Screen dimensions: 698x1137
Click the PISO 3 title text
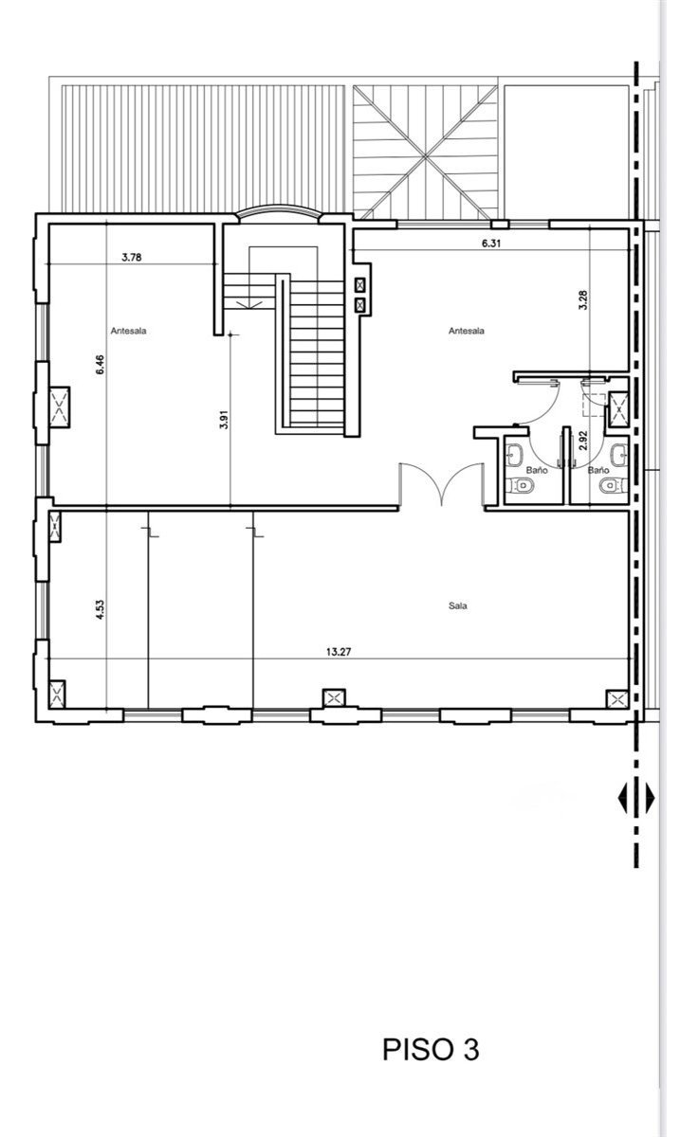[431, 1049]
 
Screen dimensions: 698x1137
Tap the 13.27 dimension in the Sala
[339, 652]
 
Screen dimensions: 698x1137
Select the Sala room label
[458, 605]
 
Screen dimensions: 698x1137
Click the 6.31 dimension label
[491, 244]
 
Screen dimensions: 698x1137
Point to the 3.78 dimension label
[132, 258]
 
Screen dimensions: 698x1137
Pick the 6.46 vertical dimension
[100, 365]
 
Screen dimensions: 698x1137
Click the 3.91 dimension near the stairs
[224, 419]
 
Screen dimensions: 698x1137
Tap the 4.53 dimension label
[100, 609]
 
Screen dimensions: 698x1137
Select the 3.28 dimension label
[582, 300]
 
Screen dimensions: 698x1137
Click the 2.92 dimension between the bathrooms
[582, 440]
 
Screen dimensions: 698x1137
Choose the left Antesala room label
[129, 331]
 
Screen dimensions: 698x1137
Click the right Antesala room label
[467, 331]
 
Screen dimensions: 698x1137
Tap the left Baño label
[537, 470]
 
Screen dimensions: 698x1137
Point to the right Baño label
[597, 470]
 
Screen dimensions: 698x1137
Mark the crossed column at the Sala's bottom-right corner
[618, 699]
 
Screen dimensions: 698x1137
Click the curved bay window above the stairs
[279, 212]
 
